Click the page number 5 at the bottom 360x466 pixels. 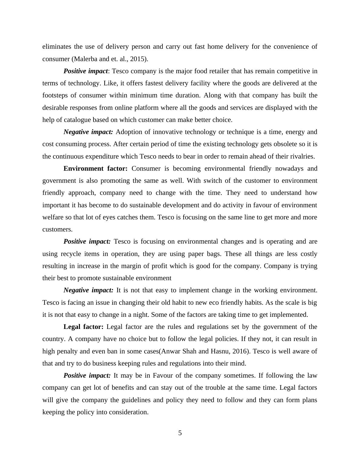click(x=180, y=433)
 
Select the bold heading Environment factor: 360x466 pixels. click(x=96, y=169)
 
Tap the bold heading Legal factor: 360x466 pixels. click(x=83, y=327)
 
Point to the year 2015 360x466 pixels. click(x=138, y=59)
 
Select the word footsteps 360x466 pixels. click(x=55, y=96)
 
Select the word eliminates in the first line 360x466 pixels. click(x=57, y=47)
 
